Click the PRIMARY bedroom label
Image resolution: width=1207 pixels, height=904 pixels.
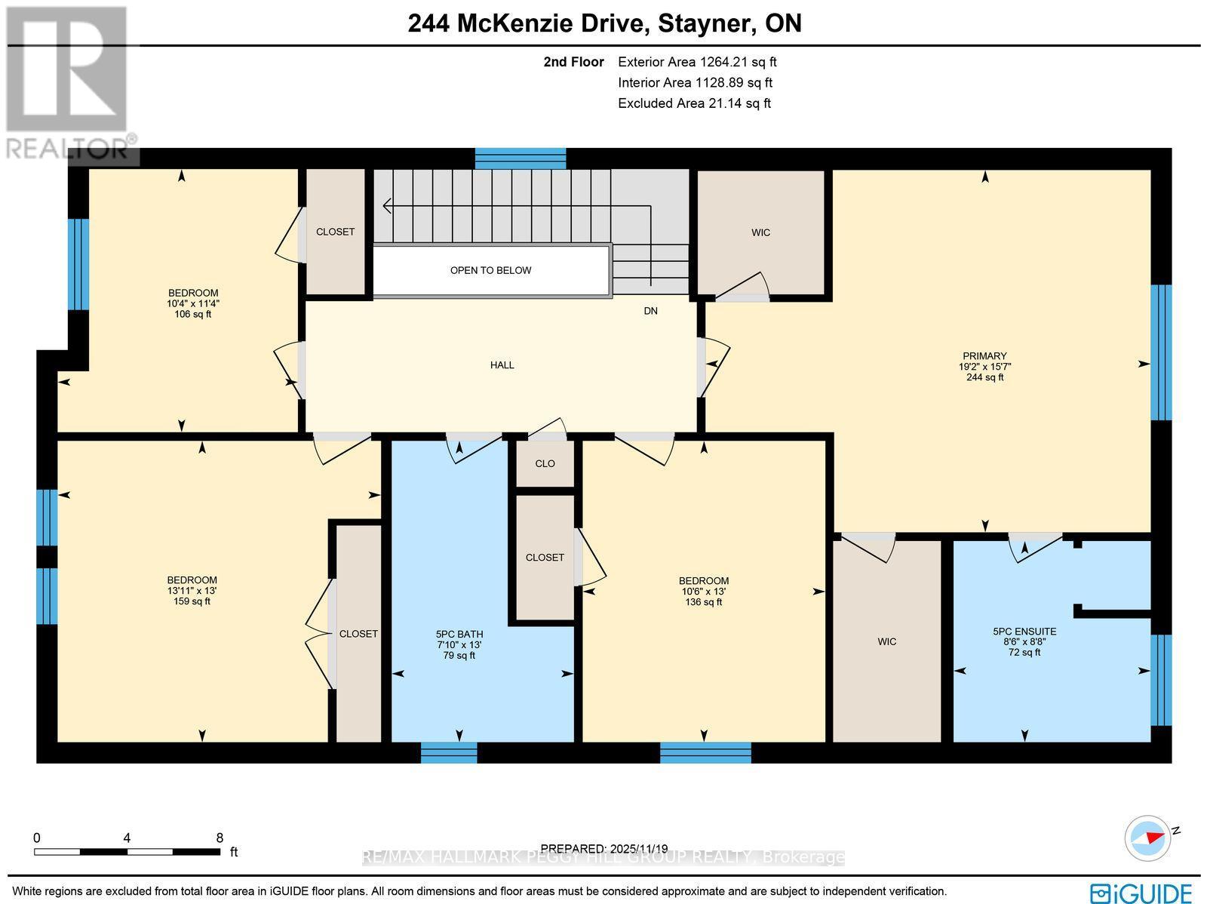click(984, 355)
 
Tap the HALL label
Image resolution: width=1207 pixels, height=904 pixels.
click(502, 365)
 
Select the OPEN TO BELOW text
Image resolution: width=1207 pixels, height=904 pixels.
click(490, 271)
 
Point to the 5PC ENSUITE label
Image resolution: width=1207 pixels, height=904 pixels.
click(1024, 632)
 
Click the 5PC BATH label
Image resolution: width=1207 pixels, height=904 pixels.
click(459, 634)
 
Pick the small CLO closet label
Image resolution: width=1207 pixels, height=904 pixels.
click(545, 463)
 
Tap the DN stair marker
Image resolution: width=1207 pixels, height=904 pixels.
click(650, 311)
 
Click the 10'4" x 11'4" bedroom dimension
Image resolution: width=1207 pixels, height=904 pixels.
click(193, 303)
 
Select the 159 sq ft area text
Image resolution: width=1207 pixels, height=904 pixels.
click(192, 601)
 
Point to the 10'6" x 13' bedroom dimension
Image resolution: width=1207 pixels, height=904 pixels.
click(704, 592)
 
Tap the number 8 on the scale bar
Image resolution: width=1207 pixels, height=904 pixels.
click(220, 838)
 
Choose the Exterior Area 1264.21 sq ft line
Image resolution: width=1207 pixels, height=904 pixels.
click(697, 62)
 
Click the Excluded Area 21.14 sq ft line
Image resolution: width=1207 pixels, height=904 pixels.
click(695, 103)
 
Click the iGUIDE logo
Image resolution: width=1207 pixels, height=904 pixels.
click(1141, 893)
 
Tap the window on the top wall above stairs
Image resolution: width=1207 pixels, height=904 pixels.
click(521, 158)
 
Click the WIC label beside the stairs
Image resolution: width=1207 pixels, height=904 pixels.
click(760, 232)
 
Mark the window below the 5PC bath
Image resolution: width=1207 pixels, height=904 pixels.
click(449, 752)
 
